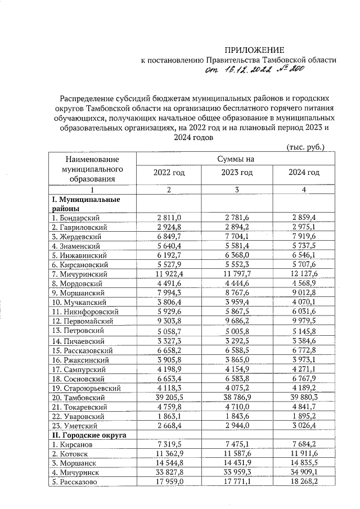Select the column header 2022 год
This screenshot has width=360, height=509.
point(169,173)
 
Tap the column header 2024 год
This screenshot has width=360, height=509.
point(304,173)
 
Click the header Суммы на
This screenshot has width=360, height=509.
point(236,159)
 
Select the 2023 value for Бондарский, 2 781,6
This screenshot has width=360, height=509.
point(236,217)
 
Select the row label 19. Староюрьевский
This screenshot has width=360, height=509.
point(85,387)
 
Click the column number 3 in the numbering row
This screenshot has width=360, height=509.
point(236,191)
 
